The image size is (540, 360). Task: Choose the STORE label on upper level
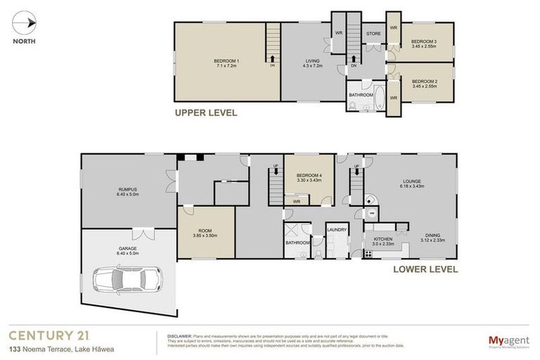tap(373, 34)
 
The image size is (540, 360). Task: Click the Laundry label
tap(337, 229)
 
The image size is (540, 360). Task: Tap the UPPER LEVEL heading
tap(206, 112)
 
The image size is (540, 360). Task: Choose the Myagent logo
tap(510, 341)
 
